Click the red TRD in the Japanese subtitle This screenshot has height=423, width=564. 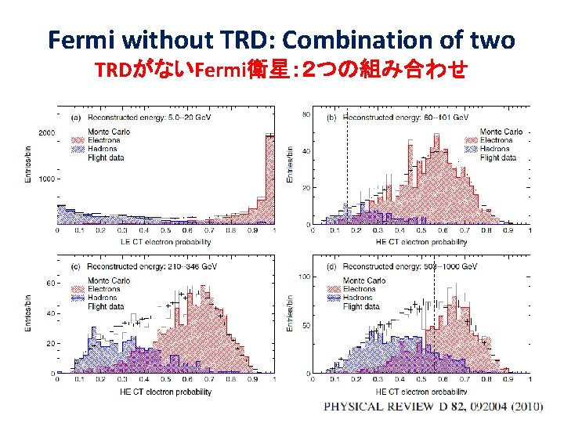114,70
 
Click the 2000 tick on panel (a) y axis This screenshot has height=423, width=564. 46,133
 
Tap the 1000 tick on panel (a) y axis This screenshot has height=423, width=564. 46,179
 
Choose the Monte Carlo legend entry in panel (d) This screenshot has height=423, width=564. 367,281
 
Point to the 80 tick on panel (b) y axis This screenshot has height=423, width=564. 306,115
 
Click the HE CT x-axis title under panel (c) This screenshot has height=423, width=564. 164,392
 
